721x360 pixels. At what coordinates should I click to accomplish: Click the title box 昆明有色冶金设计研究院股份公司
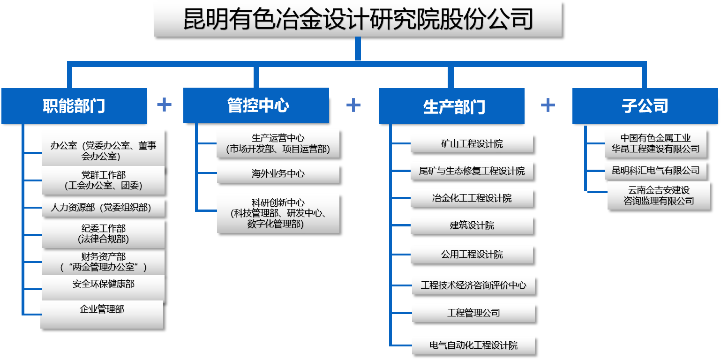coord(357,19)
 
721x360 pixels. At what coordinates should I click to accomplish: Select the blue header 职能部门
coord(74,106)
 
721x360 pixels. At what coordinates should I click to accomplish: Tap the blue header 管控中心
coord(256,105)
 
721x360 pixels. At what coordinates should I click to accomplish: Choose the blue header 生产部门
coord(451,106)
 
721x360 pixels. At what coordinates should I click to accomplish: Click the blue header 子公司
coord(645,106)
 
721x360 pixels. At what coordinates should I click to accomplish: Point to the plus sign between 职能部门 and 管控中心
coord(164,105)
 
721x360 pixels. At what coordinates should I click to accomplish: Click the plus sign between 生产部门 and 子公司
coord(548,105)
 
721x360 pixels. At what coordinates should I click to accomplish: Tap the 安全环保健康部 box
coord(103,288)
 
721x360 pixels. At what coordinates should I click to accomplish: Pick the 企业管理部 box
coord(102,314)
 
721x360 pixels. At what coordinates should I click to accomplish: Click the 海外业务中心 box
coord(278,174)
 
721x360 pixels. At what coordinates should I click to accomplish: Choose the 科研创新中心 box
coord(278,213)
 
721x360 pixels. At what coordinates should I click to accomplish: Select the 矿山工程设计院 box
coord(472,143)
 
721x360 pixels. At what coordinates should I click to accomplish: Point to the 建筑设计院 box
coord(472,225)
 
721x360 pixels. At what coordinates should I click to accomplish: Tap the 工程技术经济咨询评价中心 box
coord(473,285)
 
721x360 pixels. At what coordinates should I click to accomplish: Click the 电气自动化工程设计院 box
coord(473,345)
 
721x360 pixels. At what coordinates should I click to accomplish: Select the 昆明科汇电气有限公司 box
coord(655,171)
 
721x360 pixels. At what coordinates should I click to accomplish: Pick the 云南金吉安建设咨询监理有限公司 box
coord(659,195)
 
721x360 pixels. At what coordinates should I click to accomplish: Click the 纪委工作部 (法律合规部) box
coord(103,233)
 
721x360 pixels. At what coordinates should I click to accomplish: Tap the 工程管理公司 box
coord(473,313)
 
